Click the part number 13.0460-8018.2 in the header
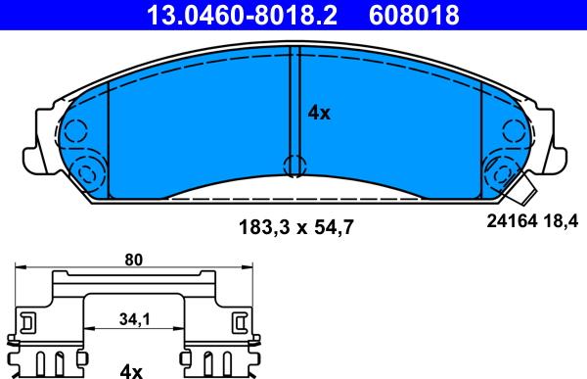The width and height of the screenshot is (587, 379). click(242, 15)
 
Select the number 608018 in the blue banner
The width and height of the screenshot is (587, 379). click(414, 15)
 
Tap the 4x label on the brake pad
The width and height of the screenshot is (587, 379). click(319, 113)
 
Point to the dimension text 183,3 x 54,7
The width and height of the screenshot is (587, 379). click(295, 227)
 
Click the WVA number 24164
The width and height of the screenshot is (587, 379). click(512, 221)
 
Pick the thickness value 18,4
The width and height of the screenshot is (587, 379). click(560, 221)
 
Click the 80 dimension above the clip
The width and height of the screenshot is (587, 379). click(134, 260)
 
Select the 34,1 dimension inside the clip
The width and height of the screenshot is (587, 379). click(134, 319)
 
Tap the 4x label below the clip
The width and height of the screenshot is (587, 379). click(131, 372)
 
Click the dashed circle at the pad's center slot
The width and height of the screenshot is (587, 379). click(295, 165)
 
